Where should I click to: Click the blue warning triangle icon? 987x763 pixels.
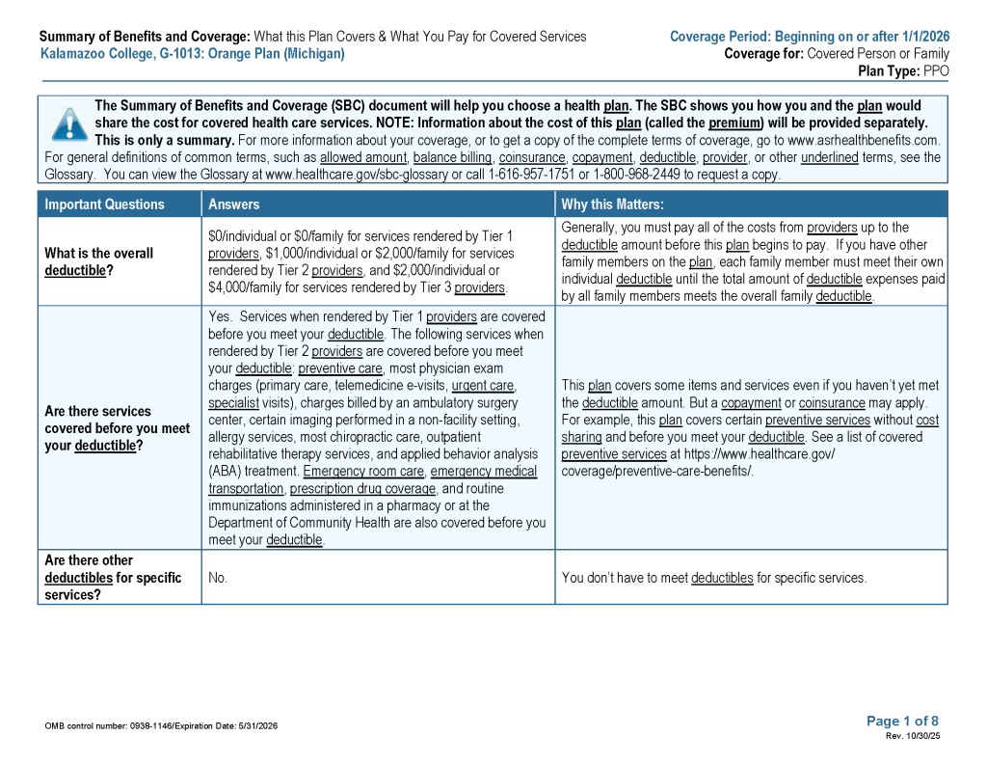[68, 123]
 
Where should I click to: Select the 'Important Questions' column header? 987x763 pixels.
[104, 204]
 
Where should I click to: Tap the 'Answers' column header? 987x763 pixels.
[234, 204]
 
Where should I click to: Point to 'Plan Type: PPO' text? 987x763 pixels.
[903, 71]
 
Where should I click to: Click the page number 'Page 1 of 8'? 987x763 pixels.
[902, 721]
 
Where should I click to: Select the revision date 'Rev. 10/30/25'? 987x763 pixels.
[913, 736]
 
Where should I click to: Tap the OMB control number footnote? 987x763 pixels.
[161, 726]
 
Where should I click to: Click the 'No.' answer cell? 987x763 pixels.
[218, 578]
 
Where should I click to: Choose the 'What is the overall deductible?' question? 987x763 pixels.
[98, 262]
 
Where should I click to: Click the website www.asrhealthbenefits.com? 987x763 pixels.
[864, 140]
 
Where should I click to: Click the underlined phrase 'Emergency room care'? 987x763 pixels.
[363, 471]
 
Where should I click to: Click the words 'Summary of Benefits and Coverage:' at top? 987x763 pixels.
[145, 37]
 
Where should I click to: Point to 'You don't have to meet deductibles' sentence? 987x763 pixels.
[713, 578]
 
